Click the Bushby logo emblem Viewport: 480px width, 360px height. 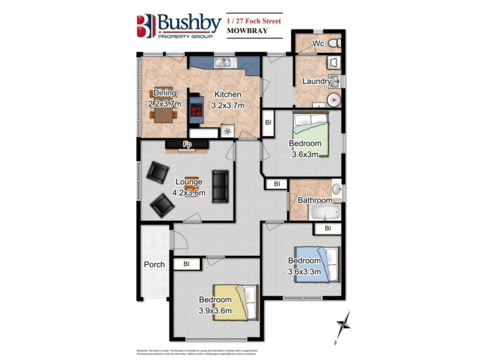point(146,26)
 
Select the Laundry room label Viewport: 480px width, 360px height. point(316,82)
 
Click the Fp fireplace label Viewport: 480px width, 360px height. point(187,145)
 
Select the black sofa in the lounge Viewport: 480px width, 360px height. point(220,186)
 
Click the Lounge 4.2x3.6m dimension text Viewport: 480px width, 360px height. point(189,193)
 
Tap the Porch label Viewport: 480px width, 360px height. point(154,265)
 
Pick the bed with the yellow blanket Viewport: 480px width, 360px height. point(235,301)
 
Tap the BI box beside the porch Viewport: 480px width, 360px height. point(187,263)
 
